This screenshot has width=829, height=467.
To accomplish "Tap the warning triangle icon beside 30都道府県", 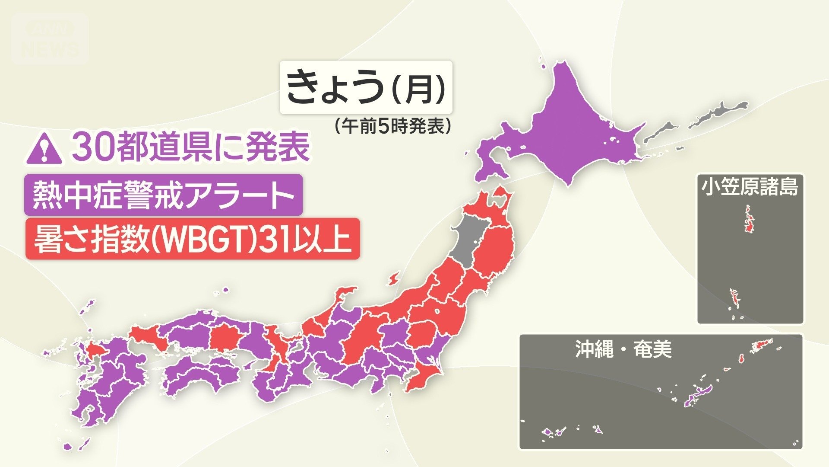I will pyautogui.click(x=44, y=148).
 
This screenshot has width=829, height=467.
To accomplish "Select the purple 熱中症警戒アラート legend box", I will pyautogui.click(x=163, y=195).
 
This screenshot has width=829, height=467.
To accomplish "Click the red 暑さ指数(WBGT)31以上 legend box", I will pyautogui.click(x=192, y=239).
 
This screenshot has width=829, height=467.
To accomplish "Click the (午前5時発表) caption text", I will pyautogui.click(x=392, y=126).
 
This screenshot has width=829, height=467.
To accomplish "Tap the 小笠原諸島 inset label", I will pyautogui.click(x=750, y=187).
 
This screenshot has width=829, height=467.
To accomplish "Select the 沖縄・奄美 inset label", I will pyautogui.click(x=623, y=349).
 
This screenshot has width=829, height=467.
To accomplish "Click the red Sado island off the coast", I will pyautogui.click(x=393, y=279).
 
